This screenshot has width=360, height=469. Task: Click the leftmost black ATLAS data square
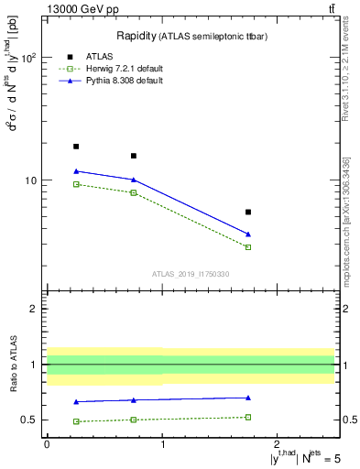pyautogui.click(x=76, y=147)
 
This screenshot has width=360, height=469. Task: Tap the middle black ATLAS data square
pyautogui.click(x=134, y=156)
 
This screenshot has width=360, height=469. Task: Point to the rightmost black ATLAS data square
pyautogui.click(x=248, y=212)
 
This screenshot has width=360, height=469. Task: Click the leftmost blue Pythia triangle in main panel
pyautogui.click(x=76, y=171)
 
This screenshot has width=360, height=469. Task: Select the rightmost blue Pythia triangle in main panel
pyautogui.click(x=248, y=234)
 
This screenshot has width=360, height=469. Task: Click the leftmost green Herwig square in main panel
pyautogui.click(x=76, y=184)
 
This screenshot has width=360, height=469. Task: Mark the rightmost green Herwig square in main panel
pyautogui.click(x=248, y=247)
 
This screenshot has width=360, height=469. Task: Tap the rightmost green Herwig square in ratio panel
pyautogui.click(x=248, y=417)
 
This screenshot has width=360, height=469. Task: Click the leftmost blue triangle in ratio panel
pyautogui.click(x=76, y=401)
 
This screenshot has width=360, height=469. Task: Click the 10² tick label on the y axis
pyautogui.click(x=27, y=57)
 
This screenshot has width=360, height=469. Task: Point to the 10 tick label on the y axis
pyautogui.click(x=31, y=180)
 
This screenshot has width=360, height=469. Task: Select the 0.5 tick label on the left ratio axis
pyautogui.click(x=30, y=420)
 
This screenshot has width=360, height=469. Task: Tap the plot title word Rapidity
pyautogui.click(x=136, y=36)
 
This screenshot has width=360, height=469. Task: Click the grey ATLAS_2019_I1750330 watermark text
pyautogui.click(x=191, y=274)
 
